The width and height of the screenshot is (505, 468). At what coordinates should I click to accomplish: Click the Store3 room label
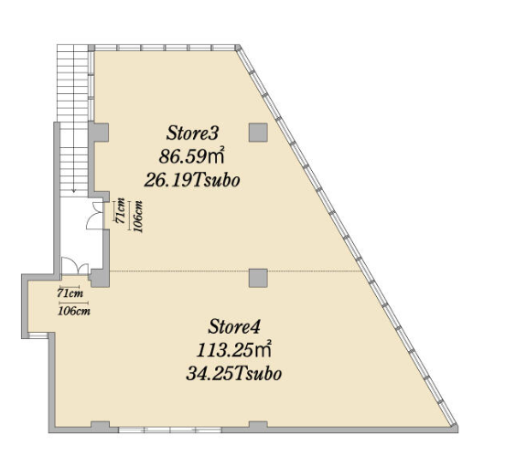193,133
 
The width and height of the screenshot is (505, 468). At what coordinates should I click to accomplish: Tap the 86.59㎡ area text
191,156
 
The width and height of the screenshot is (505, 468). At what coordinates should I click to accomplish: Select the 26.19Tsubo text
192,180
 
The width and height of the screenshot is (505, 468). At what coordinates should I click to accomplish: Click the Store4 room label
234,327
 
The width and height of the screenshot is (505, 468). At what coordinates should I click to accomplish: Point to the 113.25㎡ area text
233,350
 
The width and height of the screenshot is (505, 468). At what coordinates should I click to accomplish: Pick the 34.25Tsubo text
234,374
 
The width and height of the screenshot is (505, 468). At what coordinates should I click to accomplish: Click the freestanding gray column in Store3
258,133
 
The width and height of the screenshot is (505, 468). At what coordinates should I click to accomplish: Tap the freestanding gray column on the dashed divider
258,278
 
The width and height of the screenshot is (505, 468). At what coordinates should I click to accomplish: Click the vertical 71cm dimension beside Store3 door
120,210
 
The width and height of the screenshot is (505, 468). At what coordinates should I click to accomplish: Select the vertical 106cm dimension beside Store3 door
136,216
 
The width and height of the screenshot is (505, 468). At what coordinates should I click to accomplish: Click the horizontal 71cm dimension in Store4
70,292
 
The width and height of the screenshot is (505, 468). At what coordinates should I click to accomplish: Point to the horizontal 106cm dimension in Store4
74,309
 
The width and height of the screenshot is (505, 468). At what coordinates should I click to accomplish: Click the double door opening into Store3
95,216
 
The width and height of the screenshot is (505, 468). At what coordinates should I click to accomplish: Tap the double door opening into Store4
75,266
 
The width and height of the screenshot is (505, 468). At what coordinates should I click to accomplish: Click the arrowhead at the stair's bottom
74,190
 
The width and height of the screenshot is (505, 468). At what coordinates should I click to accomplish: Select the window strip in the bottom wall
170,430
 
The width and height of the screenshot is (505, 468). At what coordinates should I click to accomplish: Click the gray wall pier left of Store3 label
99,132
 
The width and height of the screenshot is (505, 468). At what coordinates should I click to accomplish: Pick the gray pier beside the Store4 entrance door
100,278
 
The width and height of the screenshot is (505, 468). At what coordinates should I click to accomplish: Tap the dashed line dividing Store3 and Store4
235,271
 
